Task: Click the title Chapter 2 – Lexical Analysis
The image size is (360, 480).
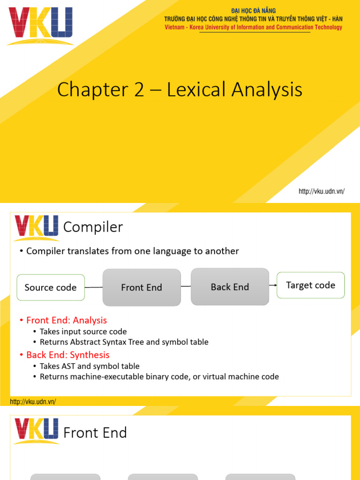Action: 180,90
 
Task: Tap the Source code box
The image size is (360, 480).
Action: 51,287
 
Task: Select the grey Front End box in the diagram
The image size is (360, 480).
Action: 142,287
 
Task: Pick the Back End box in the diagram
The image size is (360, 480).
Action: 230,287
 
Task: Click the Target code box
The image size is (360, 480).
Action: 310,285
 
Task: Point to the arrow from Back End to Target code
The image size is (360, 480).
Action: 273,285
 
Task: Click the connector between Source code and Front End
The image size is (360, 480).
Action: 94,287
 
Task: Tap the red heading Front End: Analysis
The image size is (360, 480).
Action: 67,321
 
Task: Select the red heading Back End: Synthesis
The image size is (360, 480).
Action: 67,355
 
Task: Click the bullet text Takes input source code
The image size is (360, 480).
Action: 83,331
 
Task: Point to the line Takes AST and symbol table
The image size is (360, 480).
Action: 90,366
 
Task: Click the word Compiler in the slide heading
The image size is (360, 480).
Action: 93,227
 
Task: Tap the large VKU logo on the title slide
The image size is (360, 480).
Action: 40,26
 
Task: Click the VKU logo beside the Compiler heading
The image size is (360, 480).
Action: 37,227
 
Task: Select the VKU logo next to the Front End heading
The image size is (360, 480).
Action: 37,431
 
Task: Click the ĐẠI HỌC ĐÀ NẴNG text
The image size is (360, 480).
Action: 253,11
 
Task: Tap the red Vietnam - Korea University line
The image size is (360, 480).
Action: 253,27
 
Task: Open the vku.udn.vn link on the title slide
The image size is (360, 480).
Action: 322,191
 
